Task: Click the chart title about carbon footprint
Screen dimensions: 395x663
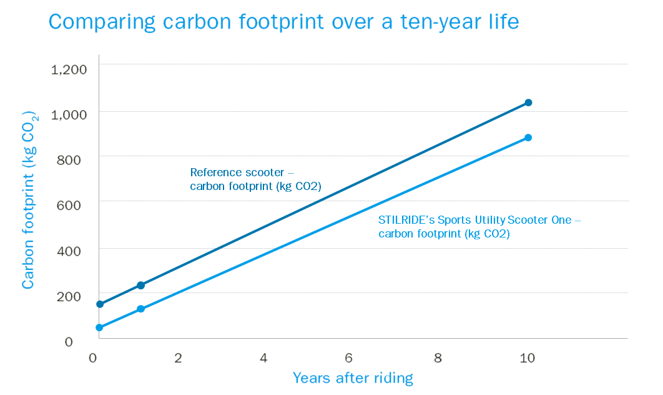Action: click(283, 22)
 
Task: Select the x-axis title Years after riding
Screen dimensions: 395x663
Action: click(353, 377)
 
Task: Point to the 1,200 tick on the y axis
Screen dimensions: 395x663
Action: click(69, 69)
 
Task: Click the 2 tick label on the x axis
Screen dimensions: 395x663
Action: click(178, 358)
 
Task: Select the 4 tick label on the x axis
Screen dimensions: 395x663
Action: click(263, 358)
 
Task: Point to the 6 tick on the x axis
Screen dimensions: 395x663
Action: click(349, 358)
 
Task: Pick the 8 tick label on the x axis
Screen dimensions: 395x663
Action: click(438, 358)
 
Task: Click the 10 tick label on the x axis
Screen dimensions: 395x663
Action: click(528, 358)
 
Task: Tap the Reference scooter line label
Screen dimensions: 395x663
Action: click(260, 178)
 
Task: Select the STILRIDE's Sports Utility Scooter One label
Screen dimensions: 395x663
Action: click(480, 227)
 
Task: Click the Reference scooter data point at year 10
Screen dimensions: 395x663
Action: click(528, 102)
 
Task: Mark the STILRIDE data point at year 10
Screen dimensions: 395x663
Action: click(528, 137)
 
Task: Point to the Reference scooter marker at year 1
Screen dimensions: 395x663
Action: click(140, 285)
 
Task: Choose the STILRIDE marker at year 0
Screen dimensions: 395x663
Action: click(99, 327)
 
